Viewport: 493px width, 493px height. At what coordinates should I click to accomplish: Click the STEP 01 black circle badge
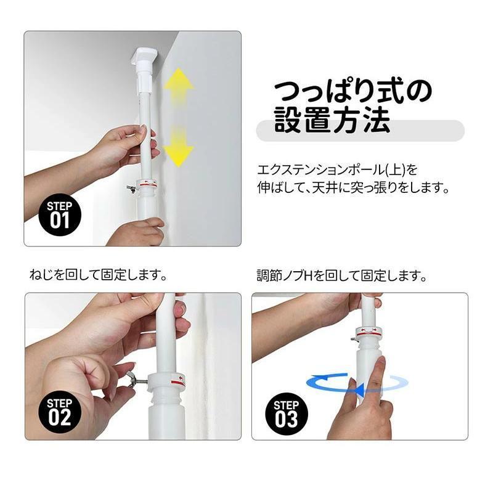60,214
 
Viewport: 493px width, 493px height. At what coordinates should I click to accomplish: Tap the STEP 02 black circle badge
60,412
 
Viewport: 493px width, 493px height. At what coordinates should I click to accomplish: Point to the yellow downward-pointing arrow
179,146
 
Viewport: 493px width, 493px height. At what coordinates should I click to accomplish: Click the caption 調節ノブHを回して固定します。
342,275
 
